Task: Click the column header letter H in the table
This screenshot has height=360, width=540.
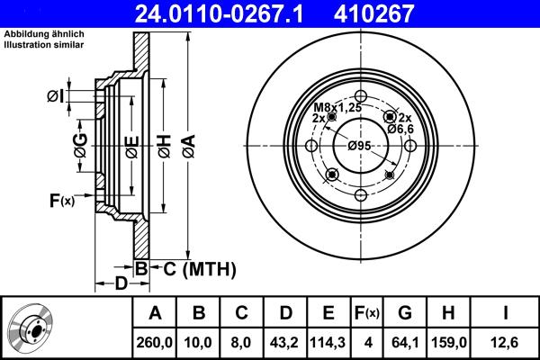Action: tap(449, 313)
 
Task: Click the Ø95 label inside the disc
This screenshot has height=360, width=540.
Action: tap(360, 146)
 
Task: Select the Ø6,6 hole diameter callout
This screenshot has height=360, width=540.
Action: tap(400, 130)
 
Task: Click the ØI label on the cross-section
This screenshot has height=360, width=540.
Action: tap(55, 94)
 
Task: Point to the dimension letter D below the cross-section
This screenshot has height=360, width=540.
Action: tap(121, 285)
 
